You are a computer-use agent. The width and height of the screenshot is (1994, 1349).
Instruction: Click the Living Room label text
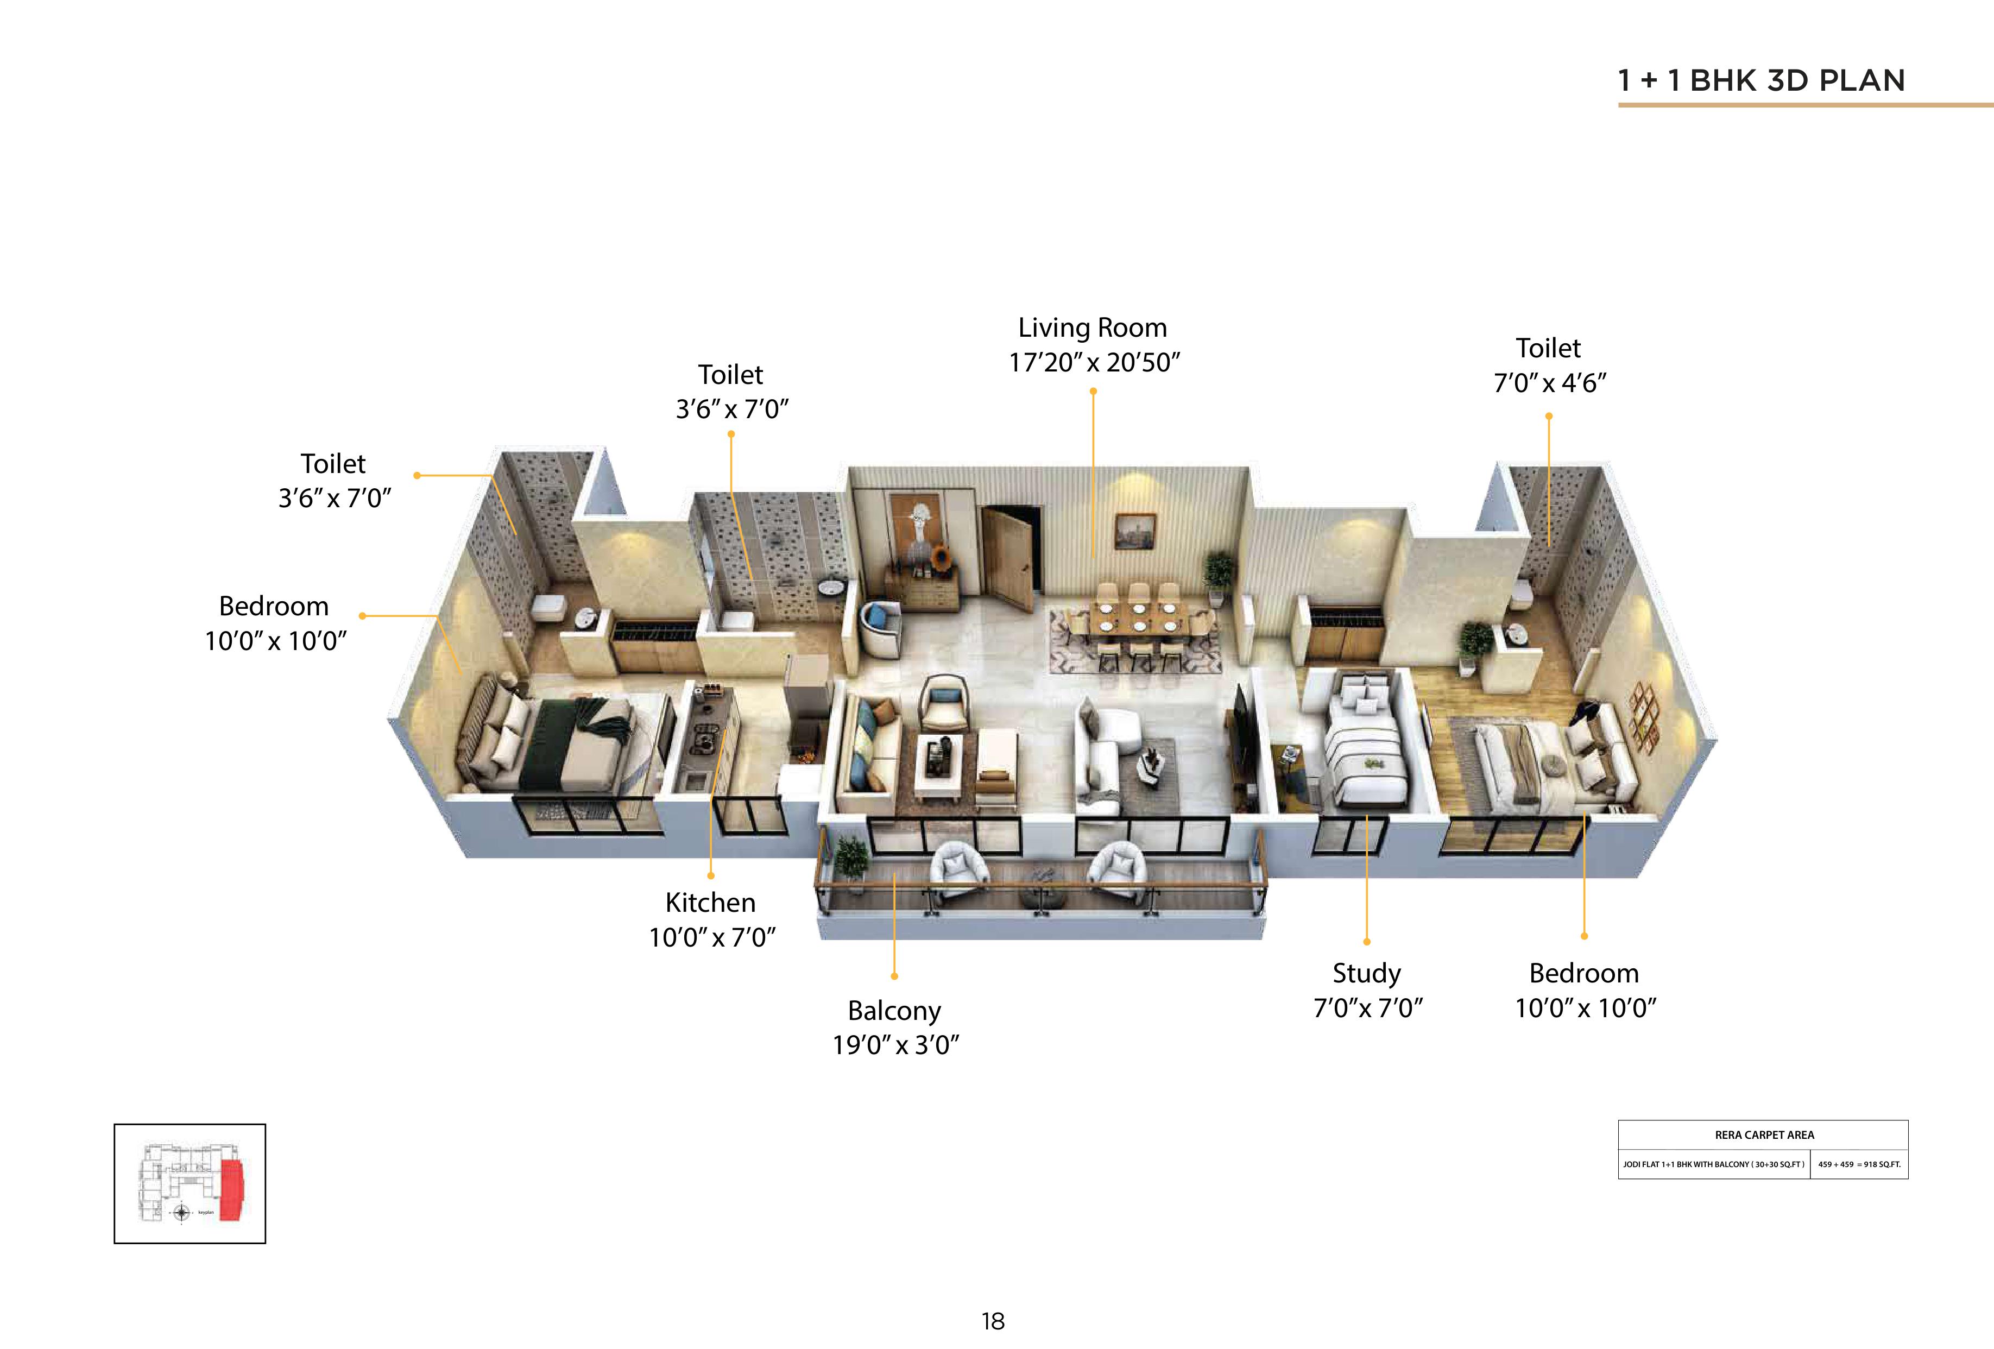coord(1092,328)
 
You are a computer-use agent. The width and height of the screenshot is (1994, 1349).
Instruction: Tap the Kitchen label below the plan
coord(710,903)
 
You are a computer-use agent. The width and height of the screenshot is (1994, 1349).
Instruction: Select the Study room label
coord(1367,974)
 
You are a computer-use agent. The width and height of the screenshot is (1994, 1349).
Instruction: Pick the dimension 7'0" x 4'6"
coord(1550,383)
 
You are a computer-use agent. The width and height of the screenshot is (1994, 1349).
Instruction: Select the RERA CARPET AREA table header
coord(1764,1134)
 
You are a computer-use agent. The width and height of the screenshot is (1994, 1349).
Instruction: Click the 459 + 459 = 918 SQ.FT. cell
coord(1858,1164)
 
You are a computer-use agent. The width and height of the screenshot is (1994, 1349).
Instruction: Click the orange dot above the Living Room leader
coord(1093,392)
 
